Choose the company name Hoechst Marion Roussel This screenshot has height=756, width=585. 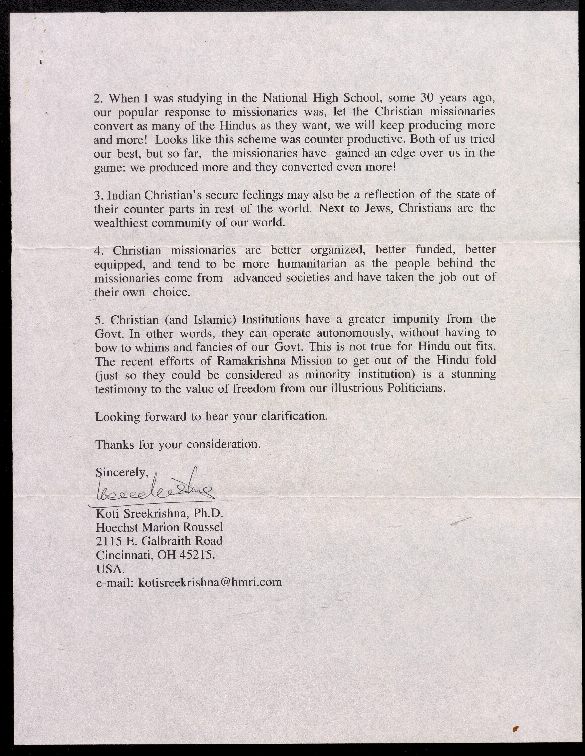(159, 527)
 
